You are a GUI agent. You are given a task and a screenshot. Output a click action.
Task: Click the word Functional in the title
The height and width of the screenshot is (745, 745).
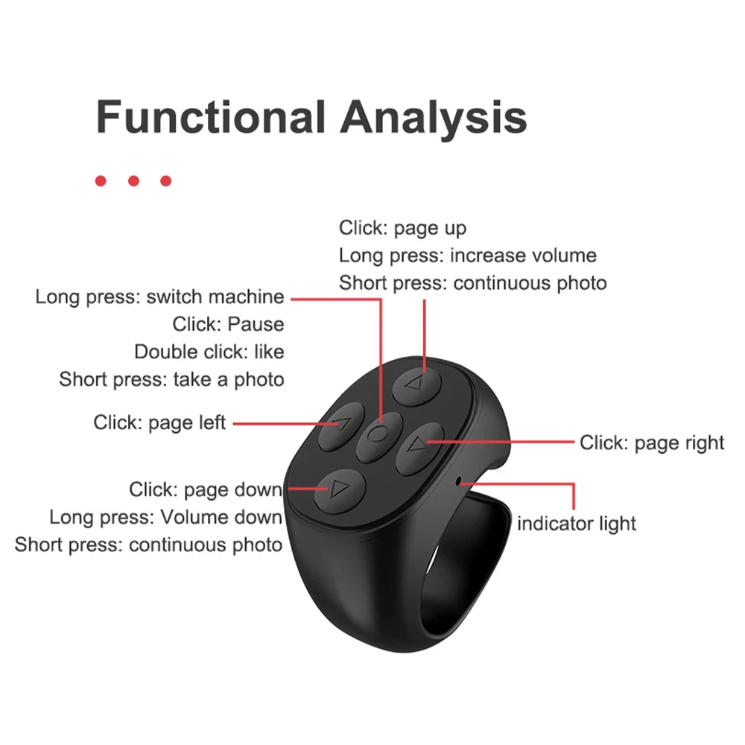(x=211, y=117)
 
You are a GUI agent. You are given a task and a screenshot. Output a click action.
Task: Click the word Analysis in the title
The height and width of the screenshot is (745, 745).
(x=434, y=117)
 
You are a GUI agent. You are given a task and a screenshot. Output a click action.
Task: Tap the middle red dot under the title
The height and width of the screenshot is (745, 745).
(x=133, y=181)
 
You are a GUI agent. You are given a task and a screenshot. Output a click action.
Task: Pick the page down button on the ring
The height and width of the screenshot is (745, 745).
(x=338, y=490)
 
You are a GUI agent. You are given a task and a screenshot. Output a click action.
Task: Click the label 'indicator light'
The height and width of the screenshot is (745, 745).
(x=577, y=523)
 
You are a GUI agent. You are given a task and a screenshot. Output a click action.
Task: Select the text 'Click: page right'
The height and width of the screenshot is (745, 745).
(x=652, y=443)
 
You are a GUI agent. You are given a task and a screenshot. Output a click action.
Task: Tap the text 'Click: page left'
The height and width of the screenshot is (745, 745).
(x=159, y=422)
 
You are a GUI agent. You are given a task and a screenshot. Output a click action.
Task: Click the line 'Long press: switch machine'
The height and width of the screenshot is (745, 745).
(x=159, y=297)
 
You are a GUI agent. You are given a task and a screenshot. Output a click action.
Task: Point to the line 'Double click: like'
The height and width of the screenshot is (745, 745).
(x=209, y=351)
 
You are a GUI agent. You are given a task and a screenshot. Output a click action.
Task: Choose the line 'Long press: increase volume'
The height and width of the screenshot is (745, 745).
(x=467, y=256)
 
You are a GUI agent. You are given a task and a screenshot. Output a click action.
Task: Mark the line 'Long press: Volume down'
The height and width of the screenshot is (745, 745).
(x=165, y=517)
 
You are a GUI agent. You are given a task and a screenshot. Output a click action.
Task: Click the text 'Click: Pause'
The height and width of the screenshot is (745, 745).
(x=228, y=324)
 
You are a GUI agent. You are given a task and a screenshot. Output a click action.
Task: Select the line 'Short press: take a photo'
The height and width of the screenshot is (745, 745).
(x=171, y=379)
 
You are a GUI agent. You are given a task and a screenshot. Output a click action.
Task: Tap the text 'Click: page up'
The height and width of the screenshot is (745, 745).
(x=402, y=228)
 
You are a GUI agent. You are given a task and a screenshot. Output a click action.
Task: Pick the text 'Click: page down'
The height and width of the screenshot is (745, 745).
(x=206, y=489)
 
